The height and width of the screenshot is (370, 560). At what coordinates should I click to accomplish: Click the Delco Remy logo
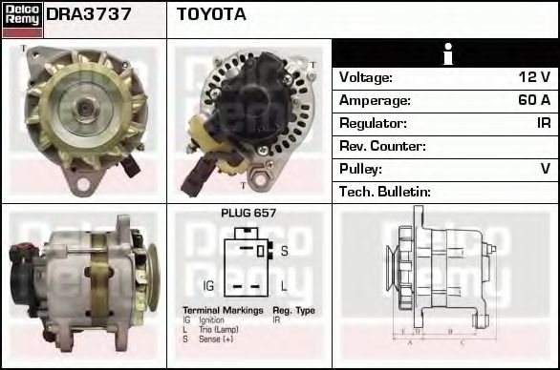(x=21, y=18)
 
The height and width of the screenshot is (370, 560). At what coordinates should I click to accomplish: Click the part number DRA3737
(x=89, y=14)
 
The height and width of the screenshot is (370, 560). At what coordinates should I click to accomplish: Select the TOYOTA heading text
(x=211, y=14)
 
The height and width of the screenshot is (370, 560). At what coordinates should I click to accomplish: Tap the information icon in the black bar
(x=446, y=53)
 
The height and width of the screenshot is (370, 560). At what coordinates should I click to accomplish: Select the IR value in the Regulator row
(x=542, y=123)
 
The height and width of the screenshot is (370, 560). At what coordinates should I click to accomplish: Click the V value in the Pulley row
(x=545, y=169)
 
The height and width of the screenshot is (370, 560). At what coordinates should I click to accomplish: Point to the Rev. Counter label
(x=382, y=146)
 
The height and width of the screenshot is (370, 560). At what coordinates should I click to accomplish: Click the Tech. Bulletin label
(x=385, y=192)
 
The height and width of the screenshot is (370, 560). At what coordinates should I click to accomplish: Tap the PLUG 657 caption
(x=248, y=214)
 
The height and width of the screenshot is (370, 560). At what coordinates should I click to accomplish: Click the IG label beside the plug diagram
(x=209, y=285)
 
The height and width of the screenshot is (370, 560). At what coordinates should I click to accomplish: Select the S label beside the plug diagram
(x=284, y=251)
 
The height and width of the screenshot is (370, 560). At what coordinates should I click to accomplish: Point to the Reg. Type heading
(x=293, y=311)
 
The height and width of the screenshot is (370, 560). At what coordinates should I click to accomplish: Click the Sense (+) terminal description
(x=217, y=339)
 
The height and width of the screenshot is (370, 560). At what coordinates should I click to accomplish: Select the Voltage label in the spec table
(x=366, y=77)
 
